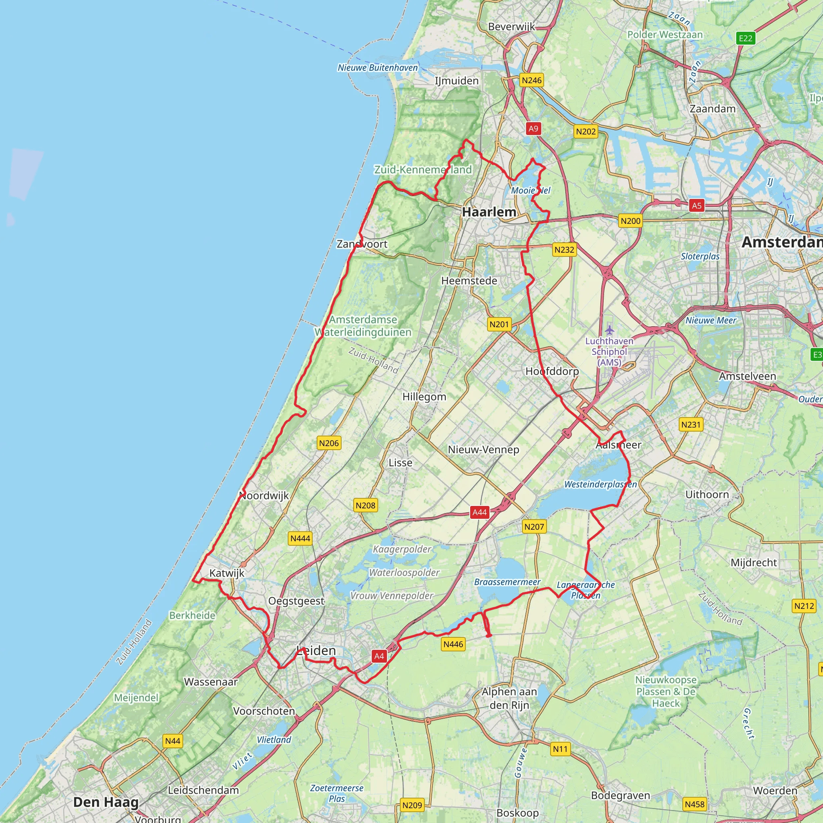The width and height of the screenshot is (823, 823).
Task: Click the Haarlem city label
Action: [x=489, y=212]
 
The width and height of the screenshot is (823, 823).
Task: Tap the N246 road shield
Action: [x=532, y=80]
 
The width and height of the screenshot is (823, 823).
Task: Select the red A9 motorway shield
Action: [x=533, y=128]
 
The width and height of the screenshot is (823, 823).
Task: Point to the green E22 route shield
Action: [x=745, y=38]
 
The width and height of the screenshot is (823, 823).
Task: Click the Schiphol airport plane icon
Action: [x=610, y=330]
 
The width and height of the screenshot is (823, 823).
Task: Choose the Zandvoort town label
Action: [x=362, y=244]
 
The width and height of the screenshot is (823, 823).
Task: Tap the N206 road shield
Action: [x=329, y=443]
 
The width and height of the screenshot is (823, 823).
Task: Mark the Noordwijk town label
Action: [x=264, y=495]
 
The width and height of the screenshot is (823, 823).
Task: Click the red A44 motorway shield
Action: [x=480, y=512]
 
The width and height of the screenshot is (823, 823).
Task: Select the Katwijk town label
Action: [x=227, y=573]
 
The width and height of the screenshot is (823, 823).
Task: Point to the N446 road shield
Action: [x=453, y=644]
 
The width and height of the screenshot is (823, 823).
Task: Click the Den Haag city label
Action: [x=106, y=802]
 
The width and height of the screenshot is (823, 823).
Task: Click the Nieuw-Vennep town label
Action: [x=483, y=449]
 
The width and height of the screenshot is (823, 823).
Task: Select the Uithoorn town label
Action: [x=707, y=495]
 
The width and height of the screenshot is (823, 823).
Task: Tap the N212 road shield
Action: [x=804, y=606]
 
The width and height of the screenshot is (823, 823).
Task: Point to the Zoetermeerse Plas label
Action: [x=336, y=793]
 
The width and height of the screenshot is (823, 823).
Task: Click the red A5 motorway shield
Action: [x=696, y=206]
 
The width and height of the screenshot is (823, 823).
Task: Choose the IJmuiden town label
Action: [x=457, y=80]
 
